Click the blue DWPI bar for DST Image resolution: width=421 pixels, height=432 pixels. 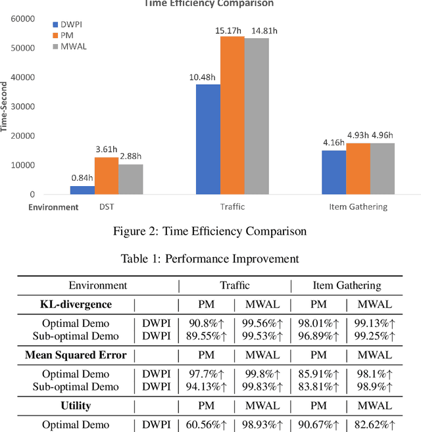82,190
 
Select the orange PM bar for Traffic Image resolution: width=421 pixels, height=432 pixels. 232,115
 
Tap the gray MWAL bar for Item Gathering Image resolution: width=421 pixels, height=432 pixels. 382,169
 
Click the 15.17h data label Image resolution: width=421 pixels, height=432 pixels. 232,30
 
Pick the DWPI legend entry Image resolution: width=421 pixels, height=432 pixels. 70,23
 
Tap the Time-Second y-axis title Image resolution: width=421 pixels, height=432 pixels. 5,107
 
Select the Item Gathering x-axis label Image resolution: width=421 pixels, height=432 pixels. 357,207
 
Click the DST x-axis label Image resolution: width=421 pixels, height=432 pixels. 107,207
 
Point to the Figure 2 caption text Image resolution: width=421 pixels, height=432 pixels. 210,230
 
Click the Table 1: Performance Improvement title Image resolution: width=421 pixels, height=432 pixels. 210,258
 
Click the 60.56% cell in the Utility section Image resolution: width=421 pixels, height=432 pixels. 206,425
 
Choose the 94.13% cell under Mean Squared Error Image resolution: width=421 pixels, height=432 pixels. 206,387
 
